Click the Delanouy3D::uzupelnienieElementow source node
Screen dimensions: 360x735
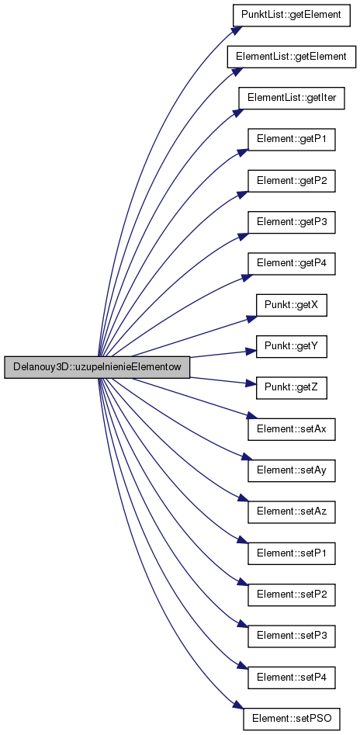click(x=97, y=367)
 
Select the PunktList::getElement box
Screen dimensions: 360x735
click(x=292, y=16)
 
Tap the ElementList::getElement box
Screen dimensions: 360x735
click(x=292, y=57)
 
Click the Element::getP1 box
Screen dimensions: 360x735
click(x=292, y=139)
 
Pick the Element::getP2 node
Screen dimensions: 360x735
click(x=292, y=181)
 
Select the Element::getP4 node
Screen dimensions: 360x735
click(x=292, y=263)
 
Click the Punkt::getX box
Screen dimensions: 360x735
click(x=292, y=305)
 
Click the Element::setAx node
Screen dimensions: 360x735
click(x=292, y=429)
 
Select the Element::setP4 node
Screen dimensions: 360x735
click(x=292, y=678)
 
